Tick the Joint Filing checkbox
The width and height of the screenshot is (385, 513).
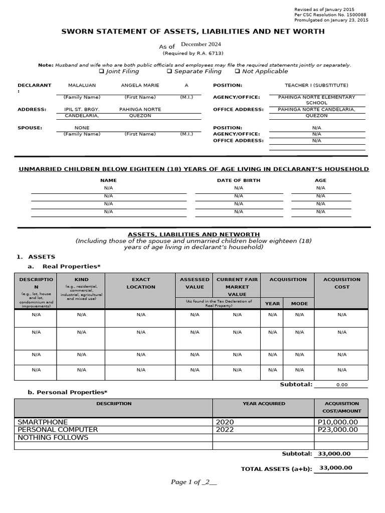click(101, 72)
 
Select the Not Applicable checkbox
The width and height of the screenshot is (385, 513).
click(237, 72)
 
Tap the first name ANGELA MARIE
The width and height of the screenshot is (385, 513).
click(140, 85)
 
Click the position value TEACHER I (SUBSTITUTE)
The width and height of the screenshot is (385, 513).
click(316, 85)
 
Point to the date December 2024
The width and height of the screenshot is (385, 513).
click(201, 44)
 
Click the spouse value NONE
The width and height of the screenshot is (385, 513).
click(82, 128)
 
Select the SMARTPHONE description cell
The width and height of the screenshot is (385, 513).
click(43, 422)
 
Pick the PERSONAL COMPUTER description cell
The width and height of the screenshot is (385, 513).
click(58, 429)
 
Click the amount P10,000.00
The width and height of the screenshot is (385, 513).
click(338, 422)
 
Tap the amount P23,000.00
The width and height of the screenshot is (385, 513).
click(338, 429)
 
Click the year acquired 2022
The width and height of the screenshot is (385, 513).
click(225, 429)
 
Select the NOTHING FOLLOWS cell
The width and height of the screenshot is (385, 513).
click(53, 437)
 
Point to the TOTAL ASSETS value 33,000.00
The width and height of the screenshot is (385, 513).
click(335, 468)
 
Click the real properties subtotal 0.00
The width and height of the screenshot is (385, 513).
click(341, 385)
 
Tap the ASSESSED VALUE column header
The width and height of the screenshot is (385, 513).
click(195, 283)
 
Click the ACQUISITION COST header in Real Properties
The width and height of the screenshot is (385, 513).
click(341, 283)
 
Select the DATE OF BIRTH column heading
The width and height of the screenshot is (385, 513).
click(238, 180)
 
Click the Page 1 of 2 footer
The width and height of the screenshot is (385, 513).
click(194, 482)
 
